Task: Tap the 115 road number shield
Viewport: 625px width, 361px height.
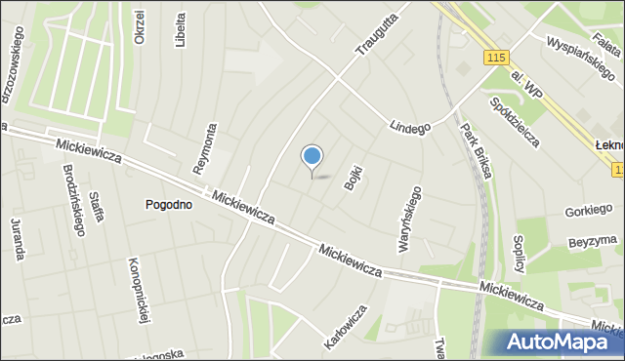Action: [x=494, y=60]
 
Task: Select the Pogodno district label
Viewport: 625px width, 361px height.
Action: [x=168, y=205]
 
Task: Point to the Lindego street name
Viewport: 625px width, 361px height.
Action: [x=409, y=127]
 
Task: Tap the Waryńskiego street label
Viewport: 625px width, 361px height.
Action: [x=409, y=220]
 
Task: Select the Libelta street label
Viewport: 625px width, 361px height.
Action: [x=180, y=30]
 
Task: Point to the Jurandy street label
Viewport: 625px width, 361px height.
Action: [x=18, y=239]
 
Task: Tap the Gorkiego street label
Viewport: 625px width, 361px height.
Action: [x=589, y=211]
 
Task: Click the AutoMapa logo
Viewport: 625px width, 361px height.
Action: [x=563, y=341]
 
